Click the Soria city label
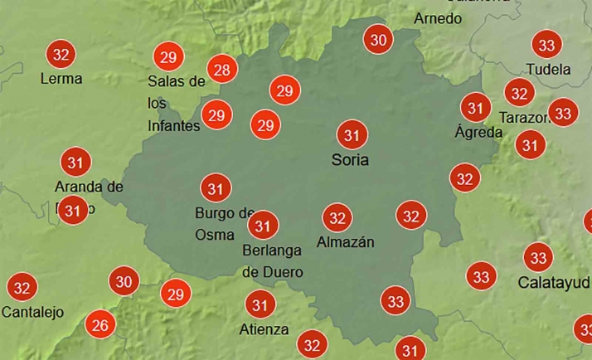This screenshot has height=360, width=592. [350, 159]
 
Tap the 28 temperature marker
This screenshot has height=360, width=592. [221, 70]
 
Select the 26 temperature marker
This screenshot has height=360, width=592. [100, 324]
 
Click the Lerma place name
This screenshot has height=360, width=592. [61, 79]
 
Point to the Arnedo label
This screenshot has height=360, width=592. [438, 18]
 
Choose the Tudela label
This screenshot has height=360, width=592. [549, 69]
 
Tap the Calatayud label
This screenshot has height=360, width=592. [554, 282]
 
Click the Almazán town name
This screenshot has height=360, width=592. [346, 242]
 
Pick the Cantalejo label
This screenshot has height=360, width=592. [33, 312]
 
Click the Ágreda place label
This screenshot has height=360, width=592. [478, 132]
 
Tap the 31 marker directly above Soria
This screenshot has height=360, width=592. [352, 134]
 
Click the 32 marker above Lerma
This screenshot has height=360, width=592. [61, 55]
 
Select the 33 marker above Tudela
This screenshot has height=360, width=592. [546, 44]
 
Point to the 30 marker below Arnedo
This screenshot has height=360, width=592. [379, 39]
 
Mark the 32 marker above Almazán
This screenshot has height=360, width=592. [337, 218]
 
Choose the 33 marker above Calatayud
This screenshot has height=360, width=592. [539, 257]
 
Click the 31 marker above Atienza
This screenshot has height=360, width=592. [261, 305]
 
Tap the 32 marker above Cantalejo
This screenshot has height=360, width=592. [22, 288]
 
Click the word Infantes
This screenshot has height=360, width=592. [174, 126]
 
